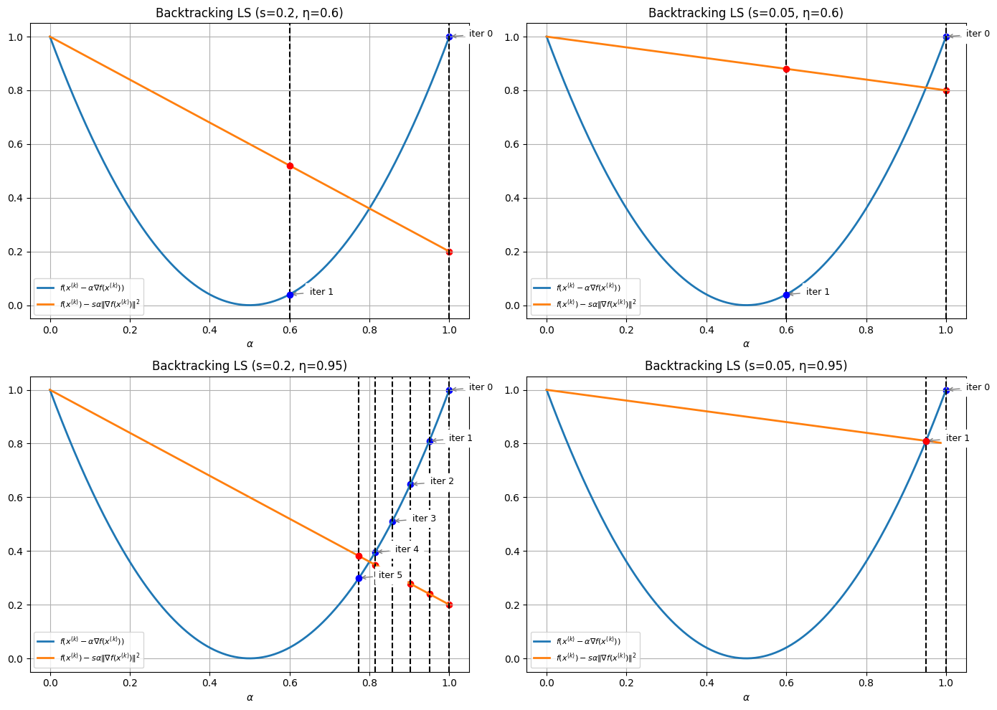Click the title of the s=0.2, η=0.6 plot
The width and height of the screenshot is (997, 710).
pyautogui.click(x=250, y=13)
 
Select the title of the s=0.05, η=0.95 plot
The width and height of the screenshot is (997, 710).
pyautogui.click(x=746, y=366)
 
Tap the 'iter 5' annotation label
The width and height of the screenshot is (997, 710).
pyautogui.click(x=390, y=575)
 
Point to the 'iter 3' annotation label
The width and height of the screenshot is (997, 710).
pyautogui.click(x=424, y=519)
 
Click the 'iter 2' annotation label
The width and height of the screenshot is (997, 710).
pyautogui.click(x=442, y=481)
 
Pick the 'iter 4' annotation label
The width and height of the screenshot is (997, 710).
pyautogui.click(x=407, y=549)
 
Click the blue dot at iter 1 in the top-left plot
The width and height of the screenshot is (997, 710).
pyautogui.click(x=290, y=295)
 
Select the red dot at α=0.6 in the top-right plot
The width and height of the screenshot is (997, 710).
pyautogui.click(x=786, y=69)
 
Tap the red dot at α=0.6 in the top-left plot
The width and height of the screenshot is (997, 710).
pyautogui.click(x=290, y=166)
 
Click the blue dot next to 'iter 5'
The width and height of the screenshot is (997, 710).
pyautogui.click(x=359, y=578)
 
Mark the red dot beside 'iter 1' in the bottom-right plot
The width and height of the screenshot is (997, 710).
pyautogui.click(x=926, y=441)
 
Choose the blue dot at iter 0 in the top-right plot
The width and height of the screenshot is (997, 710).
pyautogui.click(x=946, y=37)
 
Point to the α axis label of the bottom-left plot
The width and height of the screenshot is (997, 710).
pyautogui.click(x=250, y=697)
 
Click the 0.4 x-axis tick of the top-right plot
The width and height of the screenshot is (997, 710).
pyautogui.click(x=707, y=331)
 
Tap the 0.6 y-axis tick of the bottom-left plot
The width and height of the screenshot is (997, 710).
pyautogui.click(x=18, y=498)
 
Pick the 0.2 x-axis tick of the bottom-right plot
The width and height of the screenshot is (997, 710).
pyautogui.click(x=627, y=683)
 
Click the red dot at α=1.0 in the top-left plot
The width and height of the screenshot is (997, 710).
pyautogui.click(x=449, y=252)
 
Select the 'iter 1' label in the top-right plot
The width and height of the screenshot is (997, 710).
pyautogui.click(x=818, y=292)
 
